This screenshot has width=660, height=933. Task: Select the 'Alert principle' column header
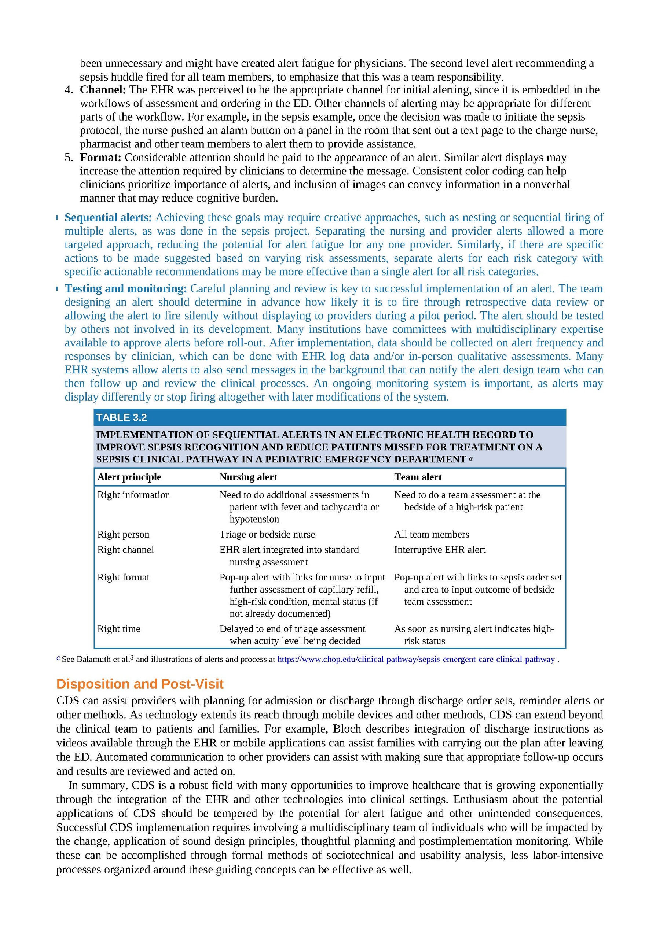point(129,477)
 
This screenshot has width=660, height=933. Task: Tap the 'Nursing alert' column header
point(248,477)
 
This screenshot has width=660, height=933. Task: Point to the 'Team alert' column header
point(418,477)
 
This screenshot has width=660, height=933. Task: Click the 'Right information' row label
point(133,495)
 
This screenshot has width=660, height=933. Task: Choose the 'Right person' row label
point(123,534)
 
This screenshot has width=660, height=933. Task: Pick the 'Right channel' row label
point(125,550)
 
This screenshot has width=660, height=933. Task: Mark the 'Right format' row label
point(123,578)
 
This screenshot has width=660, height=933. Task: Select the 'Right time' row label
point(119,629)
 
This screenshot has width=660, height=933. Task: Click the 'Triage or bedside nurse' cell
point(267,534)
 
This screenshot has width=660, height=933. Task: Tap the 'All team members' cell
point(432,534)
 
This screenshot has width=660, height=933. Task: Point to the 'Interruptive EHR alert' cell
point(440,550)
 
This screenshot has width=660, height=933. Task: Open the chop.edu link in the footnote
point(415,660)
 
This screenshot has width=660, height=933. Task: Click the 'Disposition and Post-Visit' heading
point(140,684)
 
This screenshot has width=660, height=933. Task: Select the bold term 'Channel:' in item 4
point(103,90)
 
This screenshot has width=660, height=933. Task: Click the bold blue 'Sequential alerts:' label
point(108,218)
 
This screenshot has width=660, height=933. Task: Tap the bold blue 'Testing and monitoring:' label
point(126,289)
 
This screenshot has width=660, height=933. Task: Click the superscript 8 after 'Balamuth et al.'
point(132,658)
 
